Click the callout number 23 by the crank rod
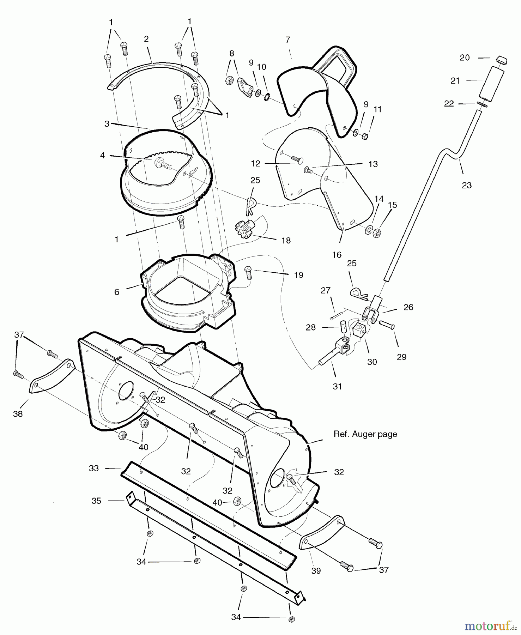[466, 185]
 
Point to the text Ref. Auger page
[365, 434]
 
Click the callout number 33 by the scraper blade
[93, 468]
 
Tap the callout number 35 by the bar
[96, 501]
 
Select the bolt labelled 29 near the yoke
[387, 324]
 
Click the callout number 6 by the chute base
[117, 292]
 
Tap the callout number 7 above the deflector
[288, 40]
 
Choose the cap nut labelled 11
[365, 136]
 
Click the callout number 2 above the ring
[146, 39]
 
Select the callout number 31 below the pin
[337, 386]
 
